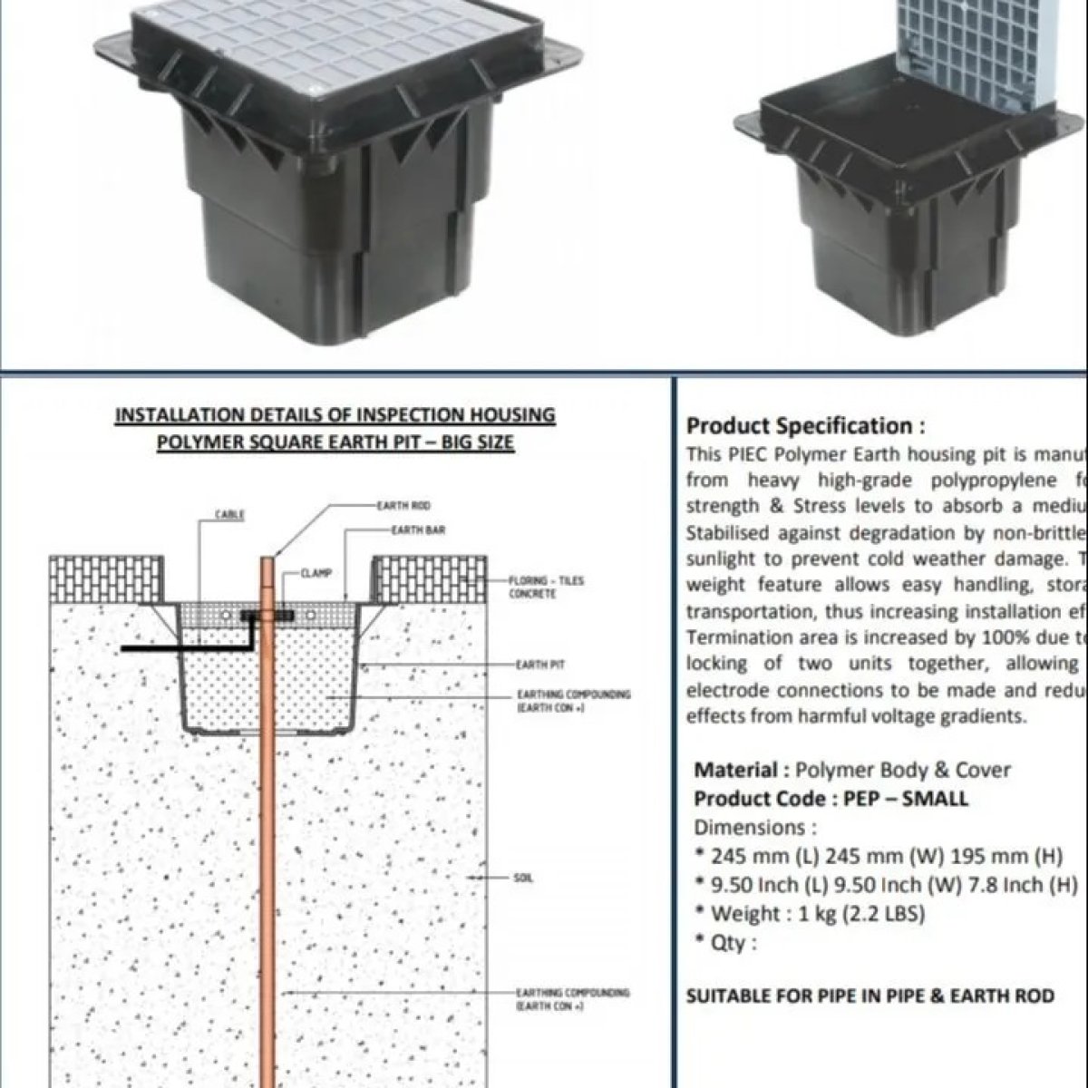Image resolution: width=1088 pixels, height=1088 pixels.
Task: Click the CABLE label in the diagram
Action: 225,515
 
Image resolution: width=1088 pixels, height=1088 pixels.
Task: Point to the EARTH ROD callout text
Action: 403,505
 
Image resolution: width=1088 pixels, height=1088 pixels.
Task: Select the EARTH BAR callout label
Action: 417,529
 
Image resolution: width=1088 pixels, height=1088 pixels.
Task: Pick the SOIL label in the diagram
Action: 523,879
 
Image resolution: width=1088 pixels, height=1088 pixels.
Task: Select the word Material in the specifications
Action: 735,770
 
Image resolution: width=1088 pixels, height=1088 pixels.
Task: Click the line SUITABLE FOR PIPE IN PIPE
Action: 869,996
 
